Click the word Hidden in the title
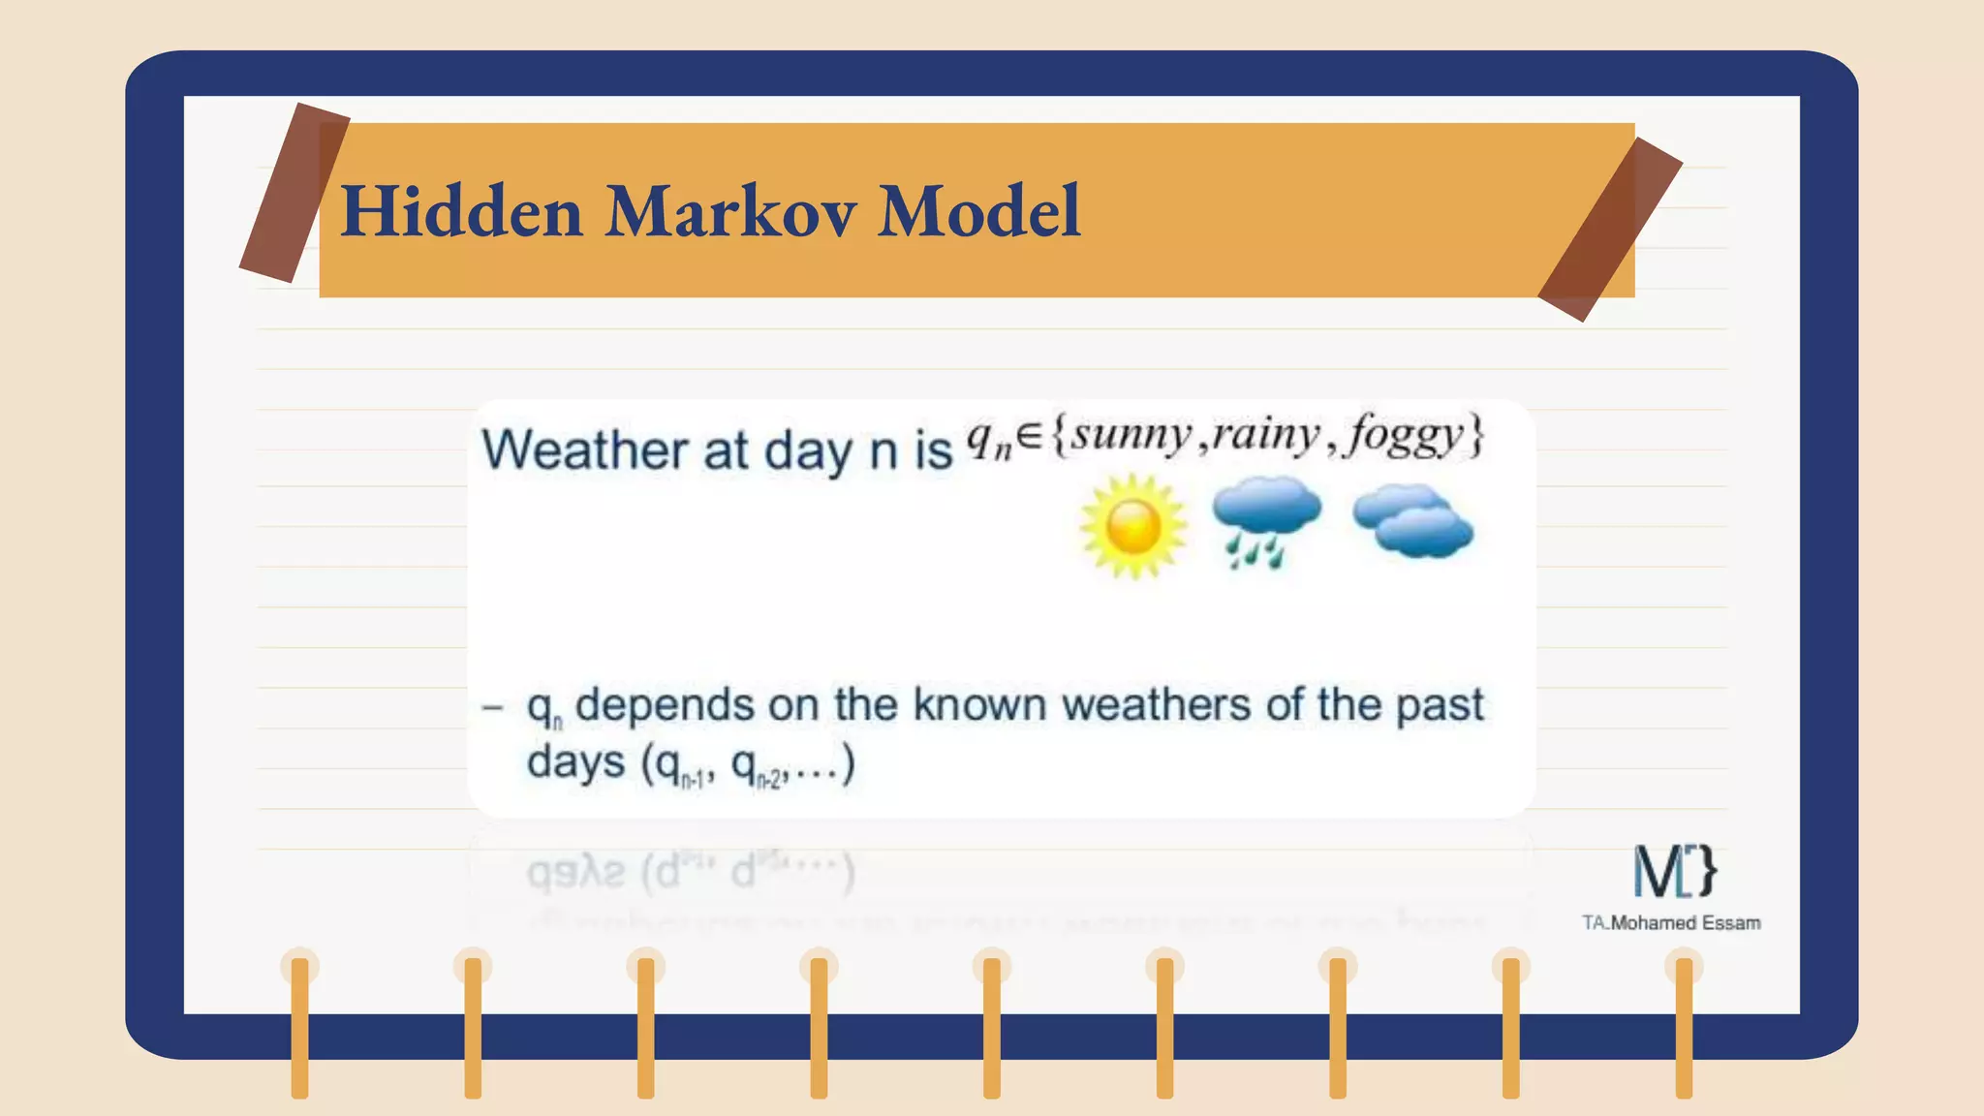461,211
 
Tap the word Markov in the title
731,211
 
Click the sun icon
1132,527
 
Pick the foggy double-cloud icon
1413,523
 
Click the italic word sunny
1131,436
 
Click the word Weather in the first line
585,450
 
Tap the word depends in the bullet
665,705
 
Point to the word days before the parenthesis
575,762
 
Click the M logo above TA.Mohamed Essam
1674,871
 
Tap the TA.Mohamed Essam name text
1671,923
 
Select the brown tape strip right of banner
1610,230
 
